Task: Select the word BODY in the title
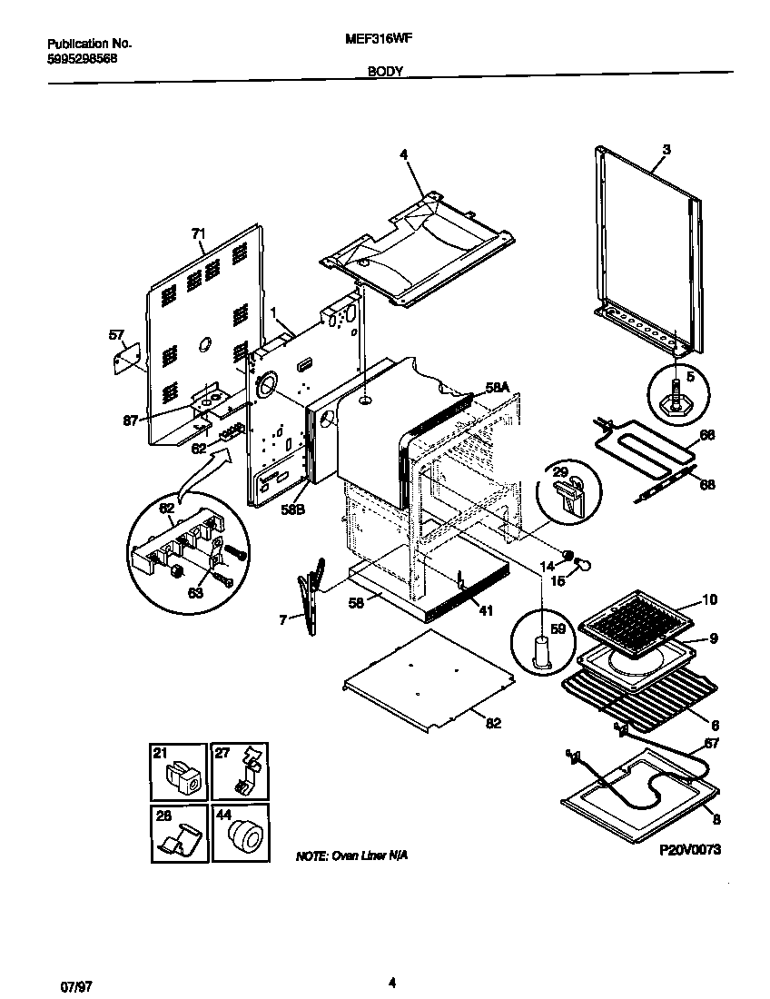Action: click(386, 71)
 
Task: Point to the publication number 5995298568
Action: click(82, 58)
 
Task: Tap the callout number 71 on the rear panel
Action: click(199, 233)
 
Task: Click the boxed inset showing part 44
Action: click(242, 833)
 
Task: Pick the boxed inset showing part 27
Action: click(242, 771)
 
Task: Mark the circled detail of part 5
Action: click(677, 392)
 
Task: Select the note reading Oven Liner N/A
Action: click(346, 856)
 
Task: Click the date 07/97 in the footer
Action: click(59, 983)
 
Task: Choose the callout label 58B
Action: click(291, 509)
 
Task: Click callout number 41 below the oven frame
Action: click(486, 610)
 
